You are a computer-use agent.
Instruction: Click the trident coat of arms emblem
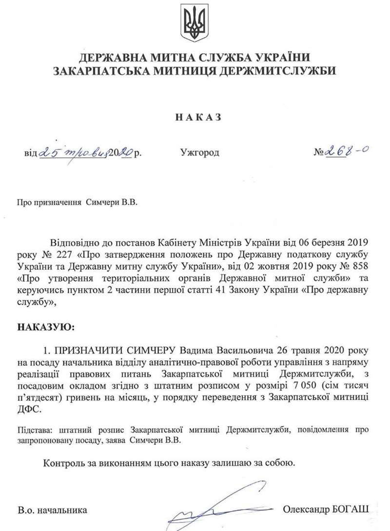[x=195, y=23]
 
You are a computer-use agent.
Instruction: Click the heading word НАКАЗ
[x=195, y=117]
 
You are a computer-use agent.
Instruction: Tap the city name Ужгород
[x=199, y=153]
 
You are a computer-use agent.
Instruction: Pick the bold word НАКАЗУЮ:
[x=47, y=326]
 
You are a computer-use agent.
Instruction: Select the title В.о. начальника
[x=53, y=511]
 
